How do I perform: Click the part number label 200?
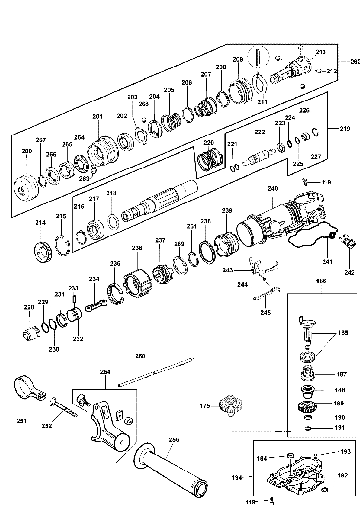coord(27,151)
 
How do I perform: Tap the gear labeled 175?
coord(230,405)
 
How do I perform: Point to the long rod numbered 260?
coord(157,371)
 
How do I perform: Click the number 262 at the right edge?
coord(355,62)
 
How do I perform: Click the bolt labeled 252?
coord(64,407)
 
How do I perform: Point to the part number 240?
coord(273,188)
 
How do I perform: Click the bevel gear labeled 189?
coord(307,406)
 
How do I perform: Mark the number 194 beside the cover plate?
coord(237,477)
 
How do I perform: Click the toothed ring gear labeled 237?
coord(162,274)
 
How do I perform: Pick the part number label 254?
coord(105,371)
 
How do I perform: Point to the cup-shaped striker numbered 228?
coord(31,332)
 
